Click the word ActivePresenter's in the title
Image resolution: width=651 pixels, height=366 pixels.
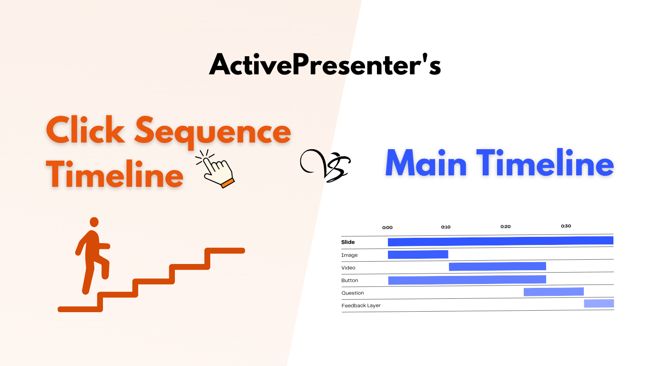325,65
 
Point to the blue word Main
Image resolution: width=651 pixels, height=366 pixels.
426,163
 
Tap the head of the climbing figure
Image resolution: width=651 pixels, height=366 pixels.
94,222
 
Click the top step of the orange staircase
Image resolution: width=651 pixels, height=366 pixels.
225,250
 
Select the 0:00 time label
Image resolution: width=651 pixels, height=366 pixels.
387,227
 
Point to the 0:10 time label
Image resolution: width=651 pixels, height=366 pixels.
446,227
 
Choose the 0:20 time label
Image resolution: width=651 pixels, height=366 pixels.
505,226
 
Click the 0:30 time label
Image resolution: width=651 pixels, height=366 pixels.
566,226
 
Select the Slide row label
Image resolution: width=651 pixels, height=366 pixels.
348,242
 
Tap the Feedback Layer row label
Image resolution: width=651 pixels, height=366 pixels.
361,305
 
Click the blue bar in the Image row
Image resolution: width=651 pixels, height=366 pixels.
418,254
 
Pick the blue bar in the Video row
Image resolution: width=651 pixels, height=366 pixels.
497,266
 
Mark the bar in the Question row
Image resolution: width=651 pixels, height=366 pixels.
553,292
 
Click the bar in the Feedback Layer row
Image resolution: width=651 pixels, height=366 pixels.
599,303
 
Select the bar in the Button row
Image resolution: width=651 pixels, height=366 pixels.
467,280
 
